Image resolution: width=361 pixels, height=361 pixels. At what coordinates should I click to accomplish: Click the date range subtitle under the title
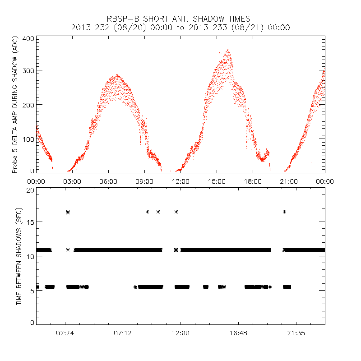tap(180, 28)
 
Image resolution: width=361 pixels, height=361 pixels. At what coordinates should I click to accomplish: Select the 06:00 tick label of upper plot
tap(108, 181)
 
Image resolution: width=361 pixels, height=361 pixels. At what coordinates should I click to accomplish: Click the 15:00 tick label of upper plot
tap(217, 181)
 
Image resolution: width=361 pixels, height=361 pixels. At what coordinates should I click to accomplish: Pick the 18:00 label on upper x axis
tap(253, 181)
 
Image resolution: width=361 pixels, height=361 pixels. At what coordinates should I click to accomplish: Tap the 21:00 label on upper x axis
tap(289, 181)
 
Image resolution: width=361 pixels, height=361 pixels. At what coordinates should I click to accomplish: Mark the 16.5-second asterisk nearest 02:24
tap(68, 212)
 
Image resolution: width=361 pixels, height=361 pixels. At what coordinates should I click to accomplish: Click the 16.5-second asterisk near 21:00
tap(284, 212)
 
